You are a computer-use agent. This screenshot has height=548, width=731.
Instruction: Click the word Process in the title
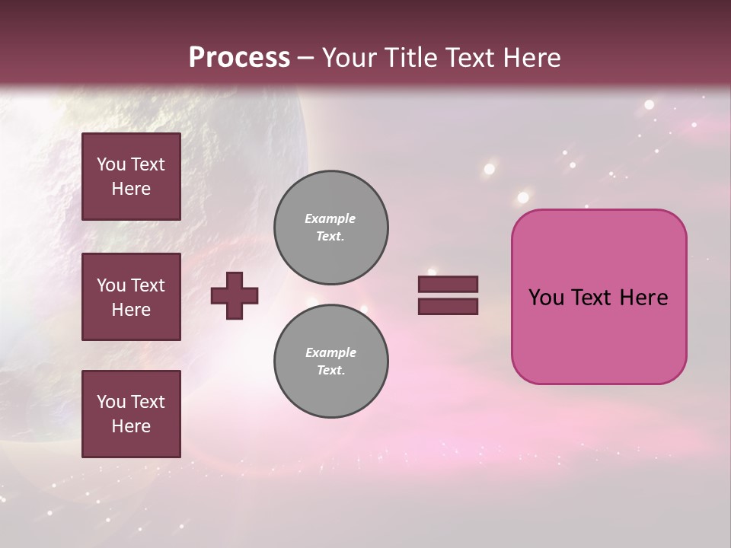coord(239,58)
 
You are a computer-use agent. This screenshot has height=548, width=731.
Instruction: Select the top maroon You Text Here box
coord(131,177)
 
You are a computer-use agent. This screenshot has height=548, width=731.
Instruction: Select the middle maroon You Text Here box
coord(131,297)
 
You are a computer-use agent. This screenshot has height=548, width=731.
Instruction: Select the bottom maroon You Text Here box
coord(131,414)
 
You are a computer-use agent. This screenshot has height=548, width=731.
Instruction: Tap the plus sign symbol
coord(235,295)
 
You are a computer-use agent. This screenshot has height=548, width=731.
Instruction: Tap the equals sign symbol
coord(448,295)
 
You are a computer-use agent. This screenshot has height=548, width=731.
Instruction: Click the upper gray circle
coord(331,228)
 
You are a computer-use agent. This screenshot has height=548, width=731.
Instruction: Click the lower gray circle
coord(331,362)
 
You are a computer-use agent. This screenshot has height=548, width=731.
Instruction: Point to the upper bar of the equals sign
coord(448,285)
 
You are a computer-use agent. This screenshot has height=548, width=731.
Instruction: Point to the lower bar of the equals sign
coord(448,306)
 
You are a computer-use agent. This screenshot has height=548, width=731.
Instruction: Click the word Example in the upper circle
coord(330,218)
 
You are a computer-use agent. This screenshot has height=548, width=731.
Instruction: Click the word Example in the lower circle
coord(330,352)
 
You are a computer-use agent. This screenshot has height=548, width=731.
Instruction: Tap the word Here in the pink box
coord(643,298)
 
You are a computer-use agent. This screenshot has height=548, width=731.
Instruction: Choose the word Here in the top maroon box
coord(131,189)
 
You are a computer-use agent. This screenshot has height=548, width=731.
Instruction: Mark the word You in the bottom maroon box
coord(110,402)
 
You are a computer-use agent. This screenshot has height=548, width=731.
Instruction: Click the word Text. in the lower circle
coord(330,371)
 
